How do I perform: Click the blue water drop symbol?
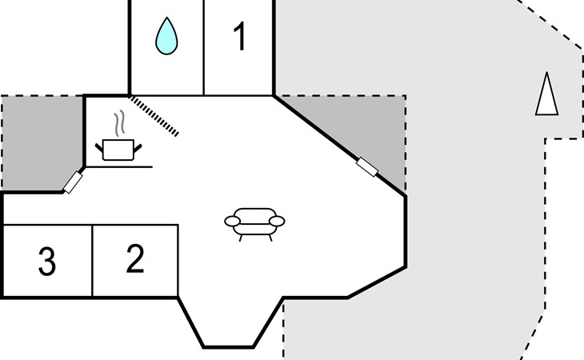(166, 36)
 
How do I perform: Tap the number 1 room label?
(240, 36)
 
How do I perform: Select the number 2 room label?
(135, 258)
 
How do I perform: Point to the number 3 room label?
(47, 262)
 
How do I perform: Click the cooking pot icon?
(118, 150)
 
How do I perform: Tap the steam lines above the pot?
(119, 123)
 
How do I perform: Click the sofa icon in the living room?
(254, 224)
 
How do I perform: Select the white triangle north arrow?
(546, 94)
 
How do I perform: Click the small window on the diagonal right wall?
(367, 167)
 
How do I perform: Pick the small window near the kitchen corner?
(73, 182)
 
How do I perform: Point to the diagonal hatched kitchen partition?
(154, 116)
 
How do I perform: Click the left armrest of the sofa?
(233, 222)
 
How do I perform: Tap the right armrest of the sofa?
(277, 222)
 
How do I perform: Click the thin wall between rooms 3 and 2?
(92, 261)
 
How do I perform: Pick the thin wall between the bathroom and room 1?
(204, 48)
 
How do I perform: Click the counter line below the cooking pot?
(119, 166)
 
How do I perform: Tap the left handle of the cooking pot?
(99, 148)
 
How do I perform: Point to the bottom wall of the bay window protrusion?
(228, 347)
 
